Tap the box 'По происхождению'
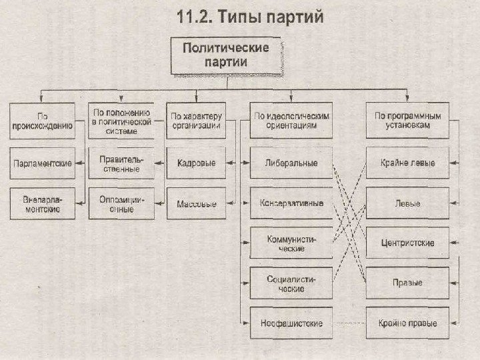pyautogui.click(x=41, y=119)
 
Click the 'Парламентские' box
pyautogui.click(x=41, y=164)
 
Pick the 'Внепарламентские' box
pyautogui.click(x=41, y=203)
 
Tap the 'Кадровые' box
pyautogui.click(x=196, y=164)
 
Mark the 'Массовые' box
pyautogui.click(x=196, y=203)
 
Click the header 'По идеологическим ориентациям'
pyautogui.click(x=291, y=119)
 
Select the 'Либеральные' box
pyautogui.click(x=291, y=163)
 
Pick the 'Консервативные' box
pyautogui.click(x=291, y=203)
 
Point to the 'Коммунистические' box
pyautogui.click(x=291, y=243)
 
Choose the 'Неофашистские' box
pyautogui.click(x=291, y=323)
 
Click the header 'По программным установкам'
pyautogui.click(x=407, y=119)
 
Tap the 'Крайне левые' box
pyautogui.click(x=407, y=163)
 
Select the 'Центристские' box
pyautogui.click(x=407, y=243)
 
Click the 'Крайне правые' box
pyautogui.click(x=407, y=323)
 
